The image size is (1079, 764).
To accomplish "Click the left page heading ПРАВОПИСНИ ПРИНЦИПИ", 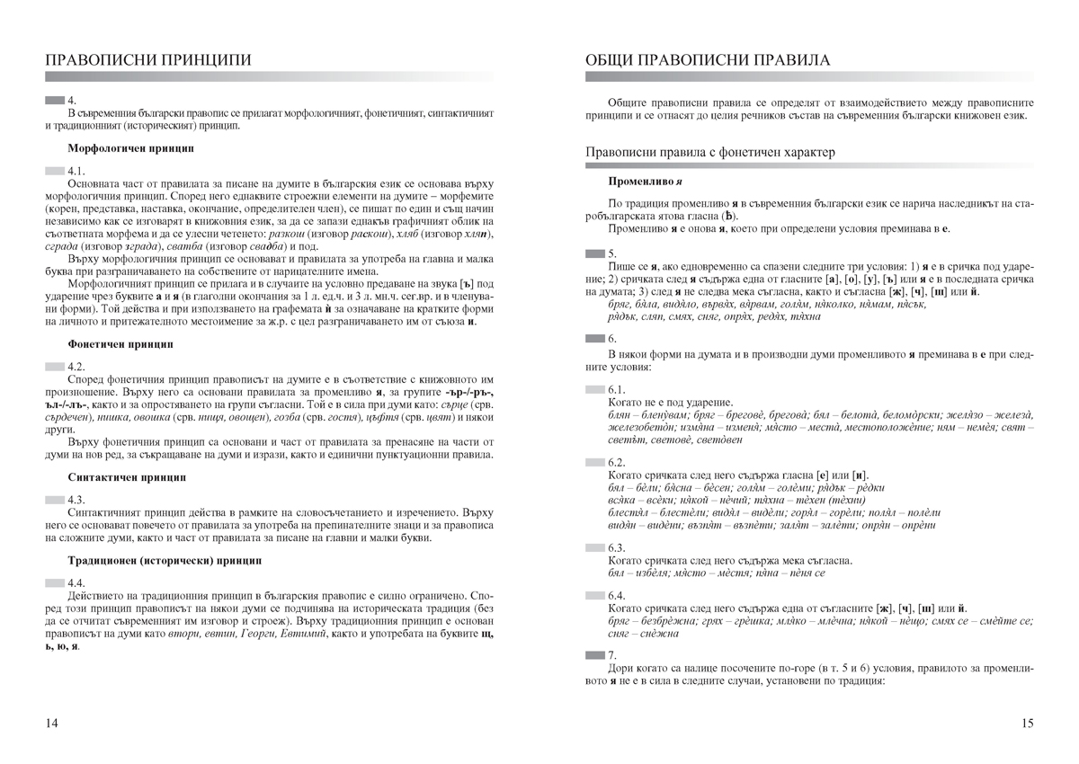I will [x=148, y=60].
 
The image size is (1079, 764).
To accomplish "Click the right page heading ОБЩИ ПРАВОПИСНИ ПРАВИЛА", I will [x=708, y=60].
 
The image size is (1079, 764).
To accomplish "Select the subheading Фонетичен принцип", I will [x=120, y=343].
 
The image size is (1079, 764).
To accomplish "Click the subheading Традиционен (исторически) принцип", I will [x=165, y=560].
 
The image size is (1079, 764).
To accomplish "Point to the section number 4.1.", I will [x=77, y=170].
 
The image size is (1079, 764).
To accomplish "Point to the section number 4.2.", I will [x=77, y=367].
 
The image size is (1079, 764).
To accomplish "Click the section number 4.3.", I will [x=77, y=499].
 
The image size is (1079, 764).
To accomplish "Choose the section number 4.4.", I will [x=77, y=583].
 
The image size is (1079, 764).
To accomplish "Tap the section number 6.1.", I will [x=617, y=389].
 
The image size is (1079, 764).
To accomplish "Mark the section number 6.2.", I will [x=617, y=462].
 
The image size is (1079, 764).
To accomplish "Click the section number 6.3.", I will [x=617, y=547].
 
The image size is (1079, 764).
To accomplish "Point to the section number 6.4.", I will [x=617, y=596].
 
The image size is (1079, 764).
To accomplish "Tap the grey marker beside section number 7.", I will [x=594, y=655].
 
